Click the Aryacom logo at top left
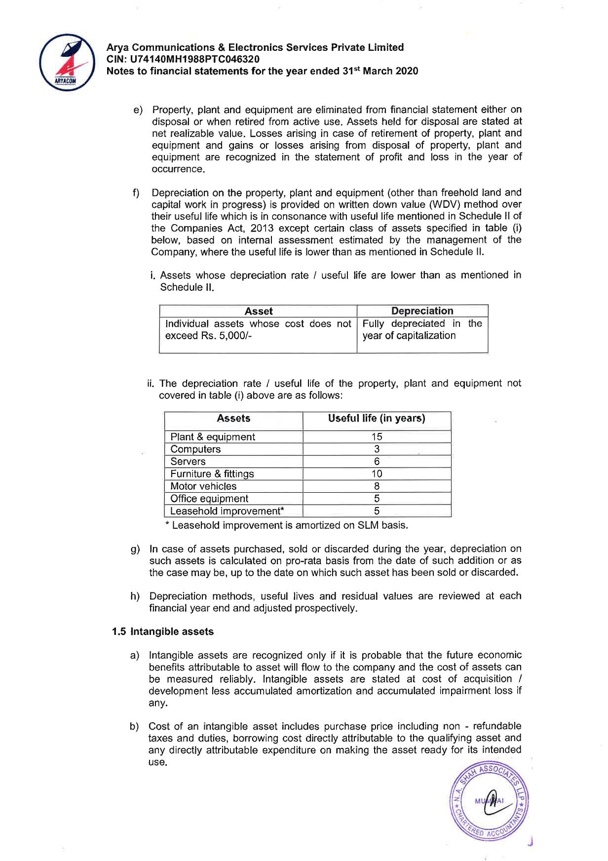(67, 62)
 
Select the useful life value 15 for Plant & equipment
(377, 437)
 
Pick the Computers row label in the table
(195, 449)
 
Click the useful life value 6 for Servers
(377, 462)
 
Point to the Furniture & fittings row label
(212, 474)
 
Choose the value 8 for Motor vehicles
(377, 486)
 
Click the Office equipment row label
(209, 499)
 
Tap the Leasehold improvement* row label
(227, 511)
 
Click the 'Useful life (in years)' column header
(377, 419)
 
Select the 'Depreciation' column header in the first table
(422, 311)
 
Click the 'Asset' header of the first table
(259, 311)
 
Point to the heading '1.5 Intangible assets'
(163, 632)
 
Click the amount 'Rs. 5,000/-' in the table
(227, 336)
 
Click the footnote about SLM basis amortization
(290, 525)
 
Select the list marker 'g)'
(135, 549)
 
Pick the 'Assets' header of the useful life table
(233, 419)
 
